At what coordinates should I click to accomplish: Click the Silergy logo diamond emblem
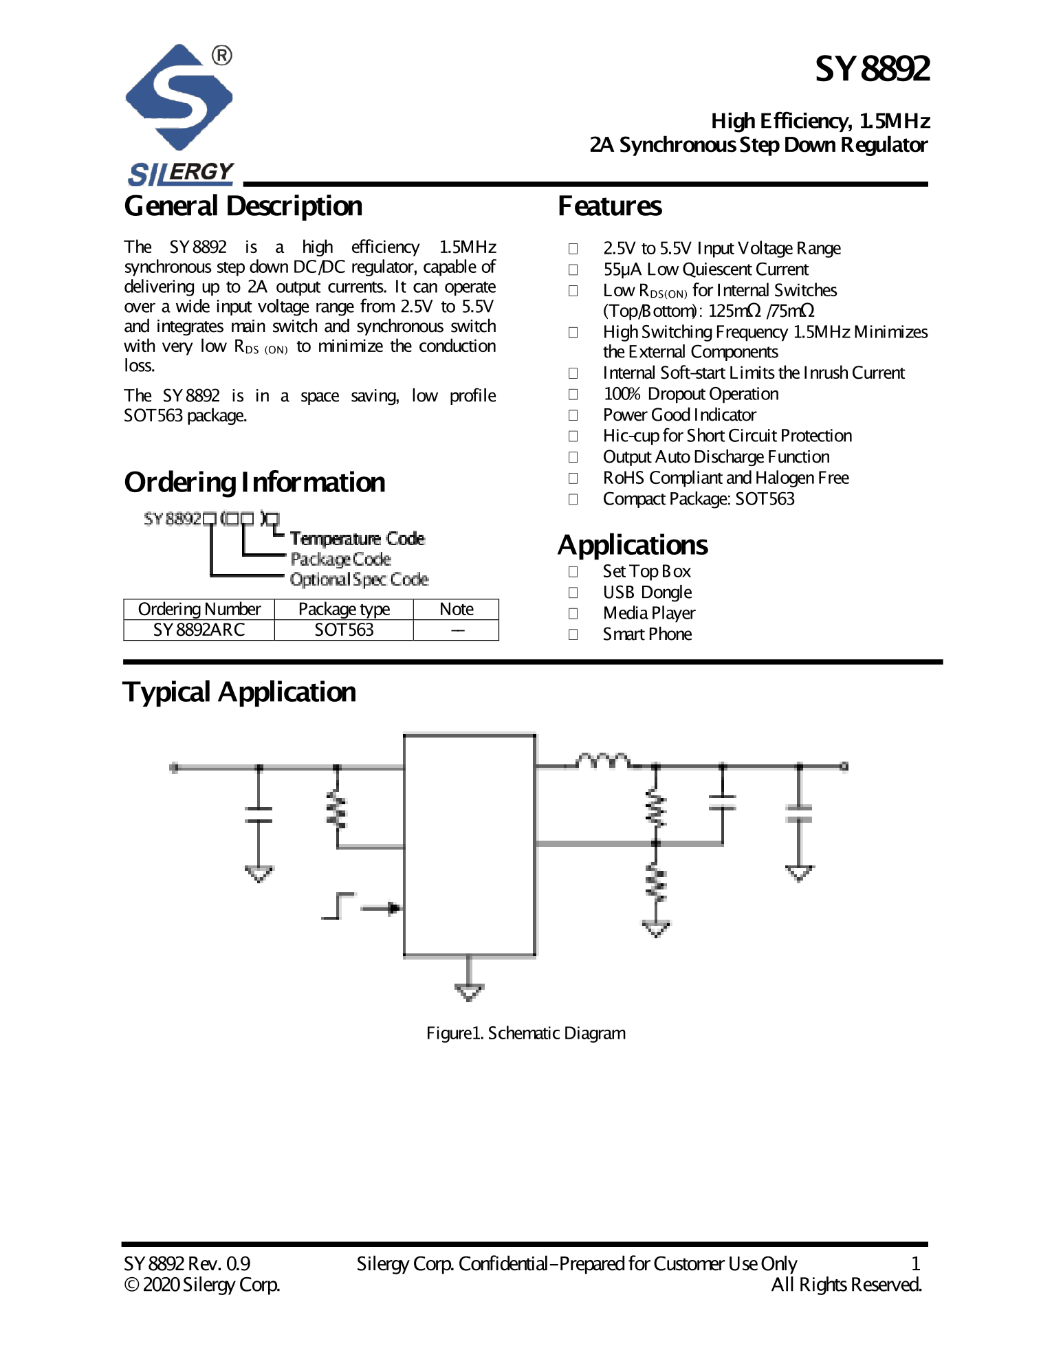pyautogui.click(x=179, y=98)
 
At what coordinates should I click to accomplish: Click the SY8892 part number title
pyautogui.click(x=872, y=69)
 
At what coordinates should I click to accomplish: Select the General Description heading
pyautogui.click(x=243, y=206)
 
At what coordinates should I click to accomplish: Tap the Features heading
pyautogui.click(x=610, y=206)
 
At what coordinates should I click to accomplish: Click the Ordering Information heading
pyautogui.click(x=254, y=483)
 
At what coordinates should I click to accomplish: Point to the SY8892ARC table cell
pyautogui.click(x=199, y=630)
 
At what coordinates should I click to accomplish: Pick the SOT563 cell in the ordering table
pyautogui.click(x=344, y=630)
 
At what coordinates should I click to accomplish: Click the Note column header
pyautogui.click(x=456, y=610)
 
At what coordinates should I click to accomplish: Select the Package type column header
pyautogui.click(x=344, y=610)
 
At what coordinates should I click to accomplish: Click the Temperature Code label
pyautogui.click(x=357, y=539)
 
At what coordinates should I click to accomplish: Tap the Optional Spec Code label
pyautogui.click(x=359, y=580)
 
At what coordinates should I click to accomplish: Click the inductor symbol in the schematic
pyautogui.click(x=603, y=760)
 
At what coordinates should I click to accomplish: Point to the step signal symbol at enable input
pyautogui.click(x=338, y=906)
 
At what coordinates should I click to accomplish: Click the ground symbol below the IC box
pyautogui.click(x=469, y=991)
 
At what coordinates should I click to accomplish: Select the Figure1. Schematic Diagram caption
pyautogui.click(x=526, y=1033)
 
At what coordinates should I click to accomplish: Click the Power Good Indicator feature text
pyautogui.click(x=679, y=415)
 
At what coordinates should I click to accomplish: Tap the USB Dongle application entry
pyautogui.click(x=647, y=593)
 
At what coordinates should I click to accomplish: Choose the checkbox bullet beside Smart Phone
pyautogui.click(x=573, y=634)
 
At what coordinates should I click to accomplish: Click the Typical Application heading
pyautogui.click(x=239, y=692)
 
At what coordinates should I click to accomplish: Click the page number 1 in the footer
pyautogui.click(x=915, y=1263)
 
